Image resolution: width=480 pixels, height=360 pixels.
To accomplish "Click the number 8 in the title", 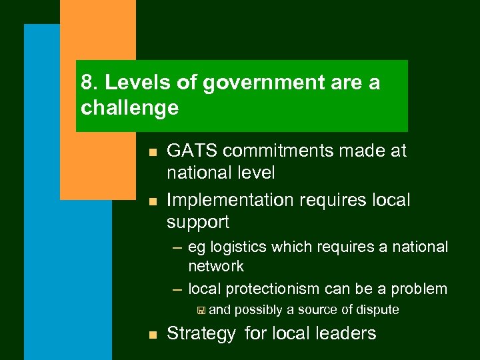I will (85, 83).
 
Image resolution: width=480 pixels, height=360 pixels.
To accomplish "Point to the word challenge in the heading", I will (129, 107).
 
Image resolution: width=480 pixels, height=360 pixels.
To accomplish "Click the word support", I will (198, 222).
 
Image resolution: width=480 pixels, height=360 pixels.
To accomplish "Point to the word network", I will (216, 266).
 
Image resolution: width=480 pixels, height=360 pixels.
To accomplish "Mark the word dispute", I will (377, 309).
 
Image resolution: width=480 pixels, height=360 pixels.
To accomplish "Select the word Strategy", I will (201, 333).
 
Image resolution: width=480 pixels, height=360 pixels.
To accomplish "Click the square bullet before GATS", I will (153, 153).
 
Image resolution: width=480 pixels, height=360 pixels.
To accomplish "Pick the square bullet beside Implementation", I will (153, 201).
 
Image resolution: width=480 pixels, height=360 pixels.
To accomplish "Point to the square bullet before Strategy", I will (153, 335).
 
